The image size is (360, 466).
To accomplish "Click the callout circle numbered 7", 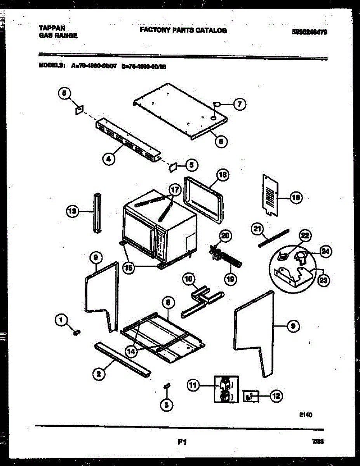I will [x=240, y=104].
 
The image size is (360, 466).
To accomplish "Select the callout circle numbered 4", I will [x=109, y=158].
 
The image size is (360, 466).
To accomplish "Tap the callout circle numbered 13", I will [x=72, y=211].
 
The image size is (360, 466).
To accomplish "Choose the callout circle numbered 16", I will [x=296, y=198].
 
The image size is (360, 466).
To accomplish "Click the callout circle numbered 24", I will [x=325, y=252].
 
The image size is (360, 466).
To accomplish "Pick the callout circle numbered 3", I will [x=167, y=404].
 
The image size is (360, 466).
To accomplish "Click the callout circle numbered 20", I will [x=225, y=236].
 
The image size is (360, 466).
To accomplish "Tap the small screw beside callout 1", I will [x=77, y=332].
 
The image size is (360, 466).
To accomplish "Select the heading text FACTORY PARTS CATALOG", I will [x=183, y=30].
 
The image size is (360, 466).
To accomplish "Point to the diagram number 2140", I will [x=306, y=415].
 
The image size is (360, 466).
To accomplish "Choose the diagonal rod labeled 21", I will [x=273, y=237].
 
